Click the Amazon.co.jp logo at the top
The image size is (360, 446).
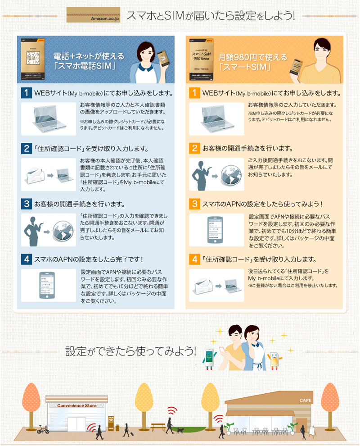point(94,15)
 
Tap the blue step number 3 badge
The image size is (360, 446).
point(27,204)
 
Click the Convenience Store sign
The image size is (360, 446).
point(76,405)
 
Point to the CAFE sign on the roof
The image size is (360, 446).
point(306,400)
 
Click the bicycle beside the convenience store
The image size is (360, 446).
point(43,429)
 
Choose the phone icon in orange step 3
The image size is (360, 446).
point(216,230)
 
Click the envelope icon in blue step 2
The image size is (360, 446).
point(36,175)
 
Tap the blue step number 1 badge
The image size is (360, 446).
point(27,93)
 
